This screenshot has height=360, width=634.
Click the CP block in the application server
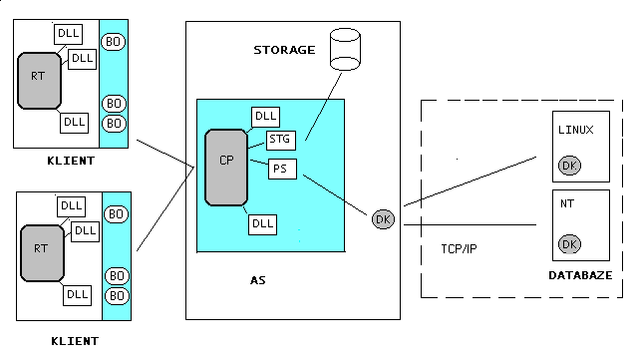(226, 168)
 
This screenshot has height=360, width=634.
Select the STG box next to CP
(280, 140)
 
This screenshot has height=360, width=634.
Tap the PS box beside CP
(282, 169)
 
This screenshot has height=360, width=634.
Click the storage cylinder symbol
(345, 49)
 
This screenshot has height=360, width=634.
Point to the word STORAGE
(284, 50)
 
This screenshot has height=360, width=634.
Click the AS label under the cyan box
(258, 280)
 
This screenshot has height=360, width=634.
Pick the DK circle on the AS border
(383, 219)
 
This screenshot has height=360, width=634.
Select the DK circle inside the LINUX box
(569, 166)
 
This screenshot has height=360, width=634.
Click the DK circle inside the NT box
(569, 244)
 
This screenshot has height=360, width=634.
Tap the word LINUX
(576, 130)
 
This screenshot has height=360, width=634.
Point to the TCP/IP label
(459, 248)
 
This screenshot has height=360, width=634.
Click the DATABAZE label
(580, 275)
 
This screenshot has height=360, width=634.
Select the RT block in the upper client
(39, 81)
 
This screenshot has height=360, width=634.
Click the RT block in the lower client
(42, 253)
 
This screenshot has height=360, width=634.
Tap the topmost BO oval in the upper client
(113, 42)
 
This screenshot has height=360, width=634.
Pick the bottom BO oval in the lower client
(117, 296)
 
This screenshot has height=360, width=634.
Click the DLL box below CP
(263, 224)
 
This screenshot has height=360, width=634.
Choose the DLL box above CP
(265, 117)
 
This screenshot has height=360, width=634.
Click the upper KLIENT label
(71, 161)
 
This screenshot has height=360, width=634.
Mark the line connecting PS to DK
(335, 195)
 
